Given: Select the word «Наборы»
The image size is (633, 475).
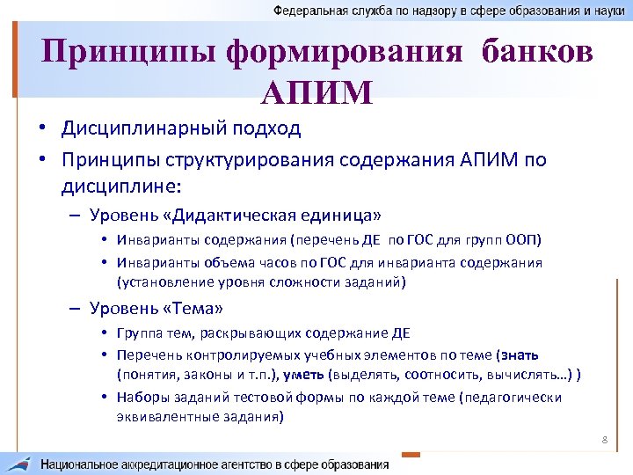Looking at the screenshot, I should coord(142,398).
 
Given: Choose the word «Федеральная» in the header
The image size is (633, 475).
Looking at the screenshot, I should coord(309,11).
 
